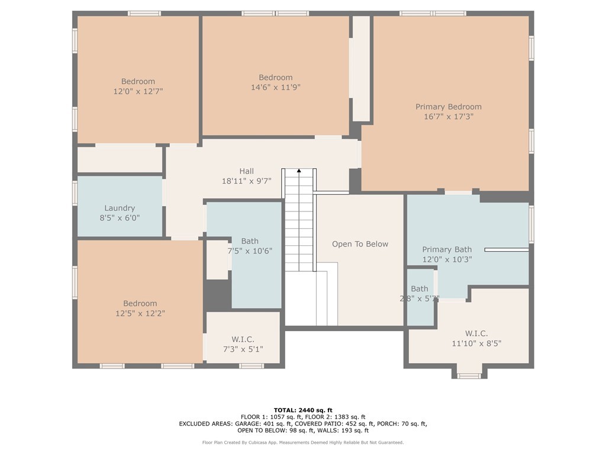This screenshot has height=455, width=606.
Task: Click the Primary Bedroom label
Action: click(449, 107)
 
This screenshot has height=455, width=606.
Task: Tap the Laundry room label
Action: click(120, 208)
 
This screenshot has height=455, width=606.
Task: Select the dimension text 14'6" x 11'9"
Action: click(276, 88)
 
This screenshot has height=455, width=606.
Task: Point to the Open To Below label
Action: click(360, 244)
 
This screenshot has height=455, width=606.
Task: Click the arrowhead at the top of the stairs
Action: click(299, 170)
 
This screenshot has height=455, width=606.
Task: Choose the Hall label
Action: click(247, 171)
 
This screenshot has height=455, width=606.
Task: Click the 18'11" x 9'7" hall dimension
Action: click(247, 181)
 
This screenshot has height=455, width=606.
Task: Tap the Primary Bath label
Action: click(447, 249)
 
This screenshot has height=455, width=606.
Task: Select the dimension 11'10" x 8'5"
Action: click(476, 343)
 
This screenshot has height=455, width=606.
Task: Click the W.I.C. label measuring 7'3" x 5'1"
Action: click(243, 339)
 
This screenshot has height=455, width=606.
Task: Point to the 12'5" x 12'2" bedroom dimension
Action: click(140, 313)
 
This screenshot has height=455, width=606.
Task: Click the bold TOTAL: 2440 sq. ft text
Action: click(303, 410)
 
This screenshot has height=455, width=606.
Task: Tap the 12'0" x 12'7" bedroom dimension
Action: click(138, 91)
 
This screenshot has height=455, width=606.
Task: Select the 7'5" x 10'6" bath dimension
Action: click(250, 251)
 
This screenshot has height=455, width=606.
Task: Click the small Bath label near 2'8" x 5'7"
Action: click(420, 289)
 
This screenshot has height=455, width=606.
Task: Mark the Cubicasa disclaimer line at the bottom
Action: click(303, 442)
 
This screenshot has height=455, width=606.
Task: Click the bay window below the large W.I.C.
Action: click(469, 375)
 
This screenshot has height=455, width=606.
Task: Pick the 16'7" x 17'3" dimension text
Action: click(449, 117)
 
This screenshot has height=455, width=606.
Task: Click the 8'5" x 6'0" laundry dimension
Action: click(120, 218)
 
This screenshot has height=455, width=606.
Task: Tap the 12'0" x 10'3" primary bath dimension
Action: click(447, 259)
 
